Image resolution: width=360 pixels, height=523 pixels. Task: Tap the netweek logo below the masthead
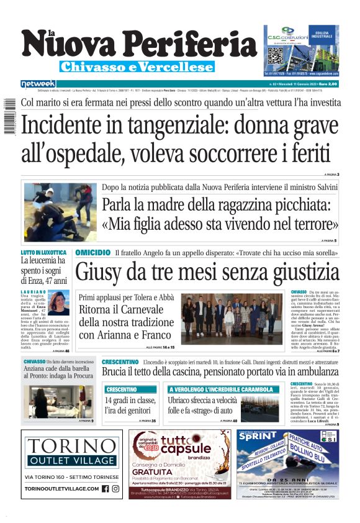[x=38, y=83]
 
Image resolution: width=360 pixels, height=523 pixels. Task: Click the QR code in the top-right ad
[x=276, y=55]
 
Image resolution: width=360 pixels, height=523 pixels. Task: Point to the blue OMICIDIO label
[x=92, y=253]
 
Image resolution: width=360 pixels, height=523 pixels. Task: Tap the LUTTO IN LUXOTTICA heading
[x=43, y=253]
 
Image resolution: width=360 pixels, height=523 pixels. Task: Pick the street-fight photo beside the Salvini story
[x=58, y=212]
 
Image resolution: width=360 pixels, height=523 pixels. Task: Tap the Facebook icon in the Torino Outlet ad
[x=105, y=489]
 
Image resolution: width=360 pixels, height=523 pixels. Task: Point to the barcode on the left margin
[x=6, y=118]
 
